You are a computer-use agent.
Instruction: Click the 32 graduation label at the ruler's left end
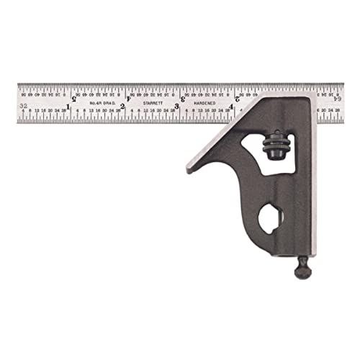tap(25, 106)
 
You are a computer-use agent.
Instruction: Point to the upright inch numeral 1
tap(68, 108)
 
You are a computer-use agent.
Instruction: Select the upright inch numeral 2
tap(122, 108)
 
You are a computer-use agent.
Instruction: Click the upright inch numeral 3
tap(177, 108)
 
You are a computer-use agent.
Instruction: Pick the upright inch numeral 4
tap(230, 108)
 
